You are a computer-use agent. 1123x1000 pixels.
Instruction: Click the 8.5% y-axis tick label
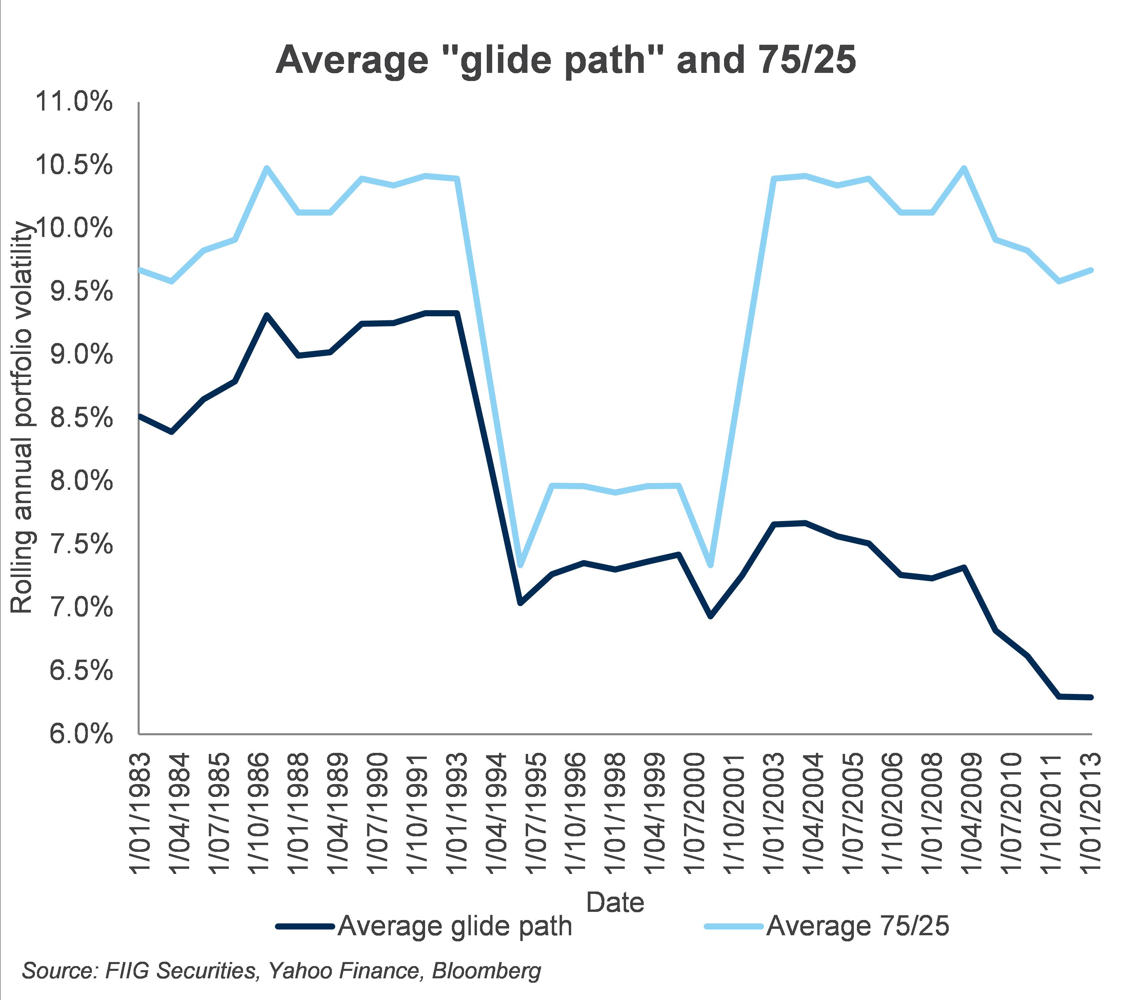[x=81, y=419]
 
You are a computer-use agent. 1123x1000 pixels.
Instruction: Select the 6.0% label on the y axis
[x=81, y=735]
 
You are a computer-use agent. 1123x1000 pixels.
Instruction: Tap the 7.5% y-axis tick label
[x=81, y=545]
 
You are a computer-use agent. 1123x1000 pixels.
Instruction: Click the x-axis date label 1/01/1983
[x=140, y=813]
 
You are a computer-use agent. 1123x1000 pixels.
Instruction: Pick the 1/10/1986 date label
[x=259, y=813]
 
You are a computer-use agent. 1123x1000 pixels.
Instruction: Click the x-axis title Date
[x=615, y=902]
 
